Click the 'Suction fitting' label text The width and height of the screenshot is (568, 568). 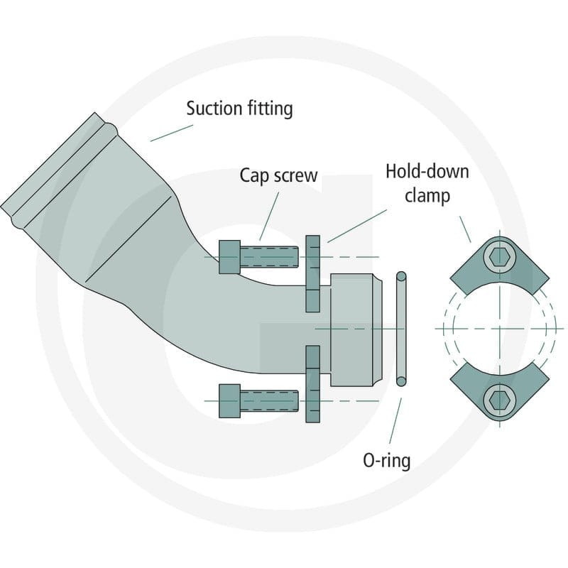tap(239, 109)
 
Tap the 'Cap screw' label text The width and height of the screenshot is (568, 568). tap(278, 175)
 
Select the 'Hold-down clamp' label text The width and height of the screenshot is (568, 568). tap(427, 183)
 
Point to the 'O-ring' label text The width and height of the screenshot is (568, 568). tap(386, 461)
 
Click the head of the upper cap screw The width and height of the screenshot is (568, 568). tap(229, 257)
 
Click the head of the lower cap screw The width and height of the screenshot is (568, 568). tap(229, 400)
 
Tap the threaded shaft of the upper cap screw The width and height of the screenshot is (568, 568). tap(270, 257)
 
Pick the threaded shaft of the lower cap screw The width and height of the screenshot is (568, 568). tap(270, 400)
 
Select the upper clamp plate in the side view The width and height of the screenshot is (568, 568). tap(313, 273)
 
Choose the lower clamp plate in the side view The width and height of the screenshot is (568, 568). tap(313, 384)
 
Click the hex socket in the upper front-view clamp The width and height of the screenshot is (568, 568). tap(500, 257)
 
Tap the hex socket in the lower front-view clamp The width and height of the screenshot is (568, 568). tap(500, 400)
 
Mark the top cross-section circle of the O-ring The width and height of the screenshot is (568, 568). tap(401, 276)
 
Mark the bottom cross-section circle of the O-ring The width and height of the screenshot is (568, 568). tap(401, 381)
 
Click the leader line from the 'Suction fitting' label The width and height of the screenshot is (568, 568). tap(172, 133)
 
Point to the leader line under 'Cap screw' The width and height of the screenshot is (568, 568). tap(270, 217)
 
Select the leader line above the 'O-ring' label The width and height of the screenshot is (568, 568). tap(395, 421)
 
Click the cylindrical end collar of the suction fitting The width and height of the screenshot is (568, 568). tap(356, 329)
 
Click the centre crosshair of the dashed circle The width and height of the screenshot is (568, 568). tap(500, 329)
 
